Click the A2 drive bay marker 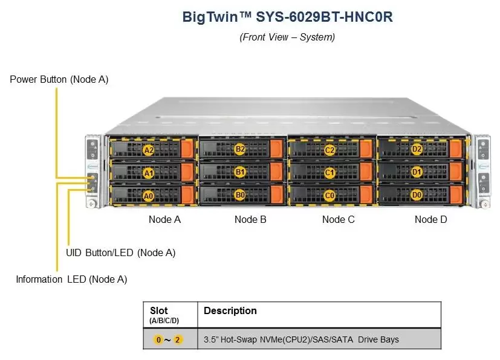[x=148, y=150]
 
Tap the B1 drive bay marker [x=240, y=172]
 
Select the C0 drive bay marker [x=330, y=195]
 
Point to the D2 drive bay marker [x=417, y=149]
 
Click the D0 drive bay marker [x=417, y=195]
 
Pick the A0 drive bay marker [x=148, y=196]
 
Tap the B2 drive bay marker [x=240, y=149]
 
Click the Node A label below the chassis [x=164, y=219]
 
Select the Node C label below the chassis [x=339, y=219]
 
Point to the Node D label [x=431, y=219]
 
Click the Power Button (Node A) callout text [x=59, y=79]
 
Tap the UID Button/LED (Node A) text [x=120, y=252]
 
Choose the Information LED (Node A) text [x=71, y=279]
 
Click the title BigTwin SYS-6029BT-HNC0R [x=287, y=17]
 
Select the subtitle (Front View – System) [x=287, y=37]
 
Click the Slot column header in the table [x=158, y=311]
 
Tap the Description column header [x=230, y=311]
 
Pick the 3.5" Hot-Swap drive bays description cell [x=301, y=339]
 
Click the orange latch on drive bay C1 [x=366, y=172]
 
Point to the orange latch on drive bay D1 [x=456, y=172]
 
